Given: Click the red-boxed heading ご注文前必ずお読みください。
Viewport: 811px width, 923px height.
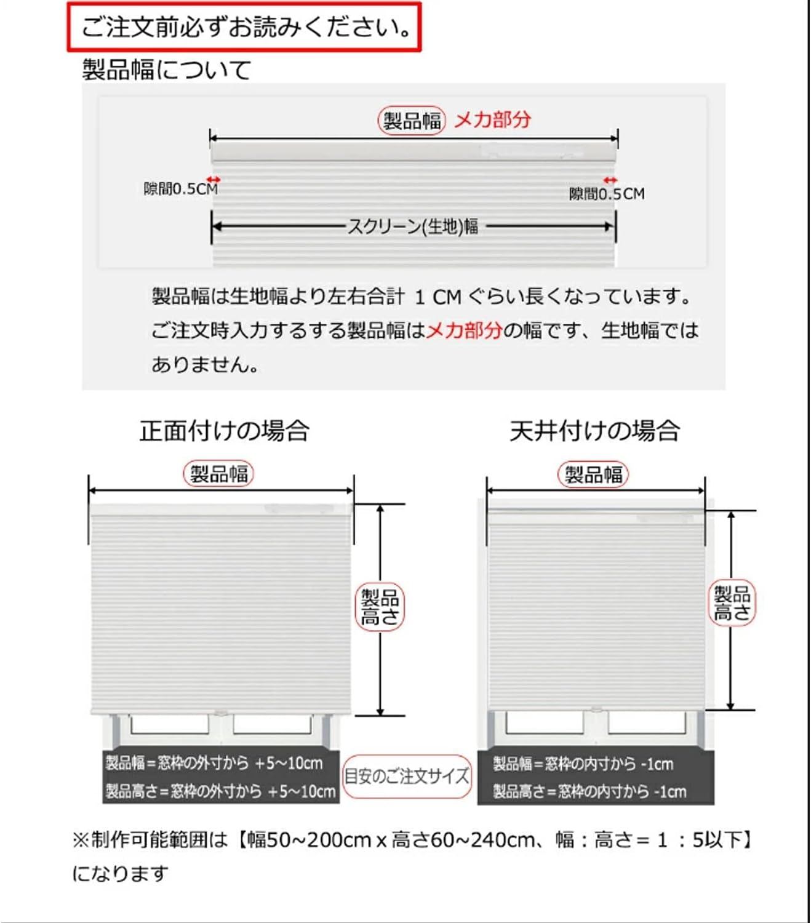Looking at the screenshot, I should point(244,28).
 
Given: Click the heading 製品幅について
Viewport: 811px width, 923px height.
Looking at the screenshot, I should point(167,70).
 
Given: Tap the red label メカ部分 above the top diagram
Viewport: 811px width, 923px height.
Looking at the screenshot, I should point(492,119).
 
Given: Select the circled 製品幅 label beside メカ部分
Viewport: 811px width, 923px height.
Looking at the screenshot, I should point(412,121).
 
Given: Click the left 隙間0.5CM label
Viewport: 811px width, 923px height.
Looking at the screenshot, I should point(180,189).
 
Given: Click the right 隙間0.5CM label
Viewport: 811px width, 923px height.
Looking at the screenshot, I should point(606,194).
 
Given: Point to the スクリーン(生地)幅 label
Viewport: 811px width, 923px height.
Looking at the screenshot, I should point(413,227).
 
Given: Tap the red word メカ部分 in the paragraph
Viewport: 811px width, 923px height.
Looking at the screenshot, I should point(465,330).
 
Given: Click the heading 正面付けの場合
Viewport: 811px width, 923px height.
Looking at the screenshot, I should point(224,431).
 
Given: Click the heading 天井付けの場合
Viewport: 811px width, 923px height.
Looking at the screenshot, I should point(594,431).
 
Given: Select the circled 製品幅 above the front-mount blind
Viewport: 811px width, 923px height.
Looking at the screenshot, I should point(218,474).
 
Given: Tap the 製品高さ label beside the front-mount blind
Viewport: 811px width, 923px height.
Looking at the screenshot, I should point(380,607).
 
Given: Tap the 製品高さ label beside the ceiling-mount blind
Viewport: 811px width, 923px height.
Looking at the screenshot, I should point(732,604).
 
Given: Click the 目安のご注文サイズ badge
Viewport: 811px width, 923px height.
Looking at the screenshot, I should point(407,777).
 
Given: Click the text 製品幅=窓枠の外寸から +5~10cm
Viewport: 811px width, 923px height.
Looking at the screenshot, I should point(214,764).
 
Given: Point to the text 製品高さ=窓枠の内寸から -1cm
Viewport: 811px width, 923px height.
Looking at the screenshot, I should point(589,791).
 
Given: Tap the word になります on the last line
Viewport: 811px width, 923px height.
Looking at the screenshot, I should point(120,873).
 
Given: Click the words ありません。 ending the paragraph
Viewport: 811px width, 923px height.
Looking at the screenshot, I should point(205,365).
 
